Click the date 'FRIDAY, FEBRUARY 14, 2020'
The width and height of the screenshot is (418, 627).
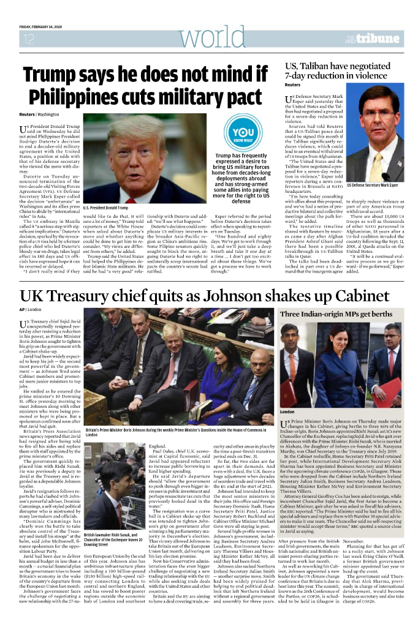pos(45,26)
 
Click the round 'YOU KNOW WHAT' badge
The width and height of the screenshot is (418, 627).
pos(243,135)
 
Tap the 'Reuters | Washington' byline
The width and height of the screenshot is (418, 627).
pos(35,115)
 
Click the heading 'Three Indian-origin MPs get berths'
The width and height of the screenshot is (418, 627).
pos(336,314)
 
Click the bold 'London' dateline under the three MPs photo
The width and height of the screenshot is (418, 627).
pos(287,412)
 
